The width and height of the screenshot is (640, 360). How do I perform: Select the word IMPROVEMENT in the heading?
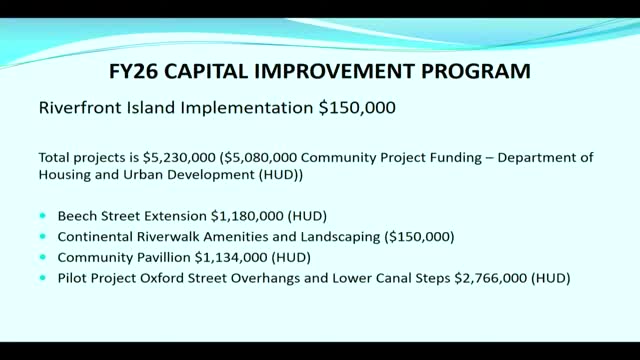[334, 71]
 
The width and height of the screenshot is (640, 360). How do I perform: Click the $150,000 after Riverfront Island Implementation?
[357, 108]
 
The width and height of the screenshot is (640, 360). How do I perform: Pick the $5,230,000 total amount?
[179, 158]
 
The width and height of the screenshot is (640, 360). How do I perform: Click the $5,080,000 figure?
[258, 158]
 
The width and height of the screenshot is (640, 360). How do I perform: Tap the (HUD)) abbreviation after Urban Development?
[281, 175]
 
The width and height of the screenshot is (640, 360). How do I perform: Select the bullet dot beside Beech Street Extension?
[43, 216]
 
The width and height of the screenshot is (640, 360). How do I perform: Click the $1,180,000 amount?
[247, 216]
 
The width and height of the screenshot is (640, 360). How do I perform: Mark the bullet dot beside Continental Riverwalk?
[43, 236]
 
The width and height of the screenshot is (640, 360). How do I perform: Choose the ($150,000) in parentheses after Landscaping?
[419, 237]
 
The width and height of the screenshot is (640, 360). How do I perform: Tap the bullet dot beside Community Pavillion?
[43, 257]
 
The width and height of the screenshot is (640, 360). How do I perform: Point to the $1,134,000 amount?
[231, 258]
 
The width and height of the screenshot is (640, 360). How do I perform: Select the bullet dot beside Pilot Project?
[43, 278]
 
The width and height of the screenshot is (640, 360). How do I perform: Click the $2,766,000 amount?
[491, 278]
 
